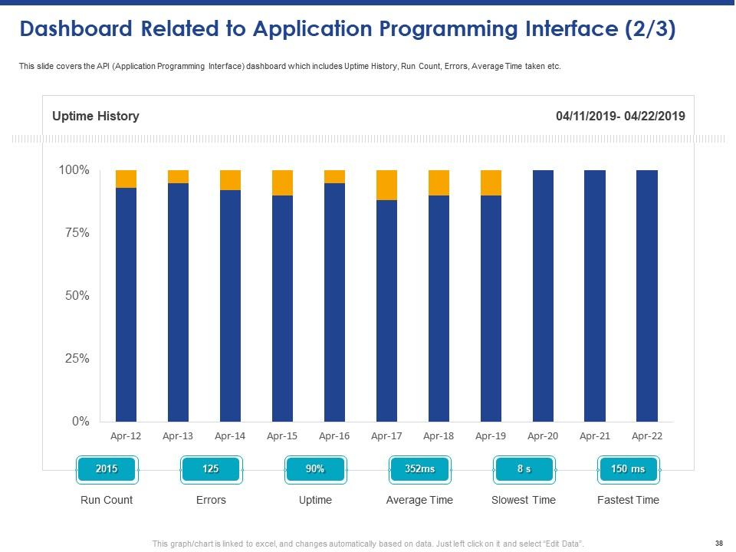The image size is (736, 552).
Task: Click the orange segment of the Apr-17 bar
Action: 386,185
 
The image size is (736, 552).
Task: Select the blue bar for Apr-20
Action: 543,295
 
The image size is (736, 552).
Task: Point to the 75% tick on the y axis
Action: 74,233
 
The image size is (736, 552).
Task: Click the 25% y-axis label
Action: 74,359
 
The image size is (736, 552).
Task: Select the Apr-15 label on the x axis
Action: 282,436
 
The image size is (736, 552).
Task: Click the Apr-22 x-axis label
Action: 646,436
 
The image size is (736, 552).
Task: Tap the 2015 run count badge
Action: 107,469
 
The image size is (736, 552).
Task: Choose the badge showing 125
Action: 211,469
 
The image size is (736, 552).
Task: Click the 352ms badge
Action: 419,469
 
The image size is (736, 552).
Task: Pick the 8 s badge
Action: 524,469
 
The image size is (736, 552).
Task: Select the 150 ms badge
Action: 627,469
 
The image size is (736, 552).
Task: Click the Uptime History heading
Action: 95,117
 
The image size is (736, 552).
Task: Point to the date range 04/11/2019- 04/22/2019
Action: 620,117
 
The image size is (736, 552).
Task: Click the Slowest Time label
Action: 523,500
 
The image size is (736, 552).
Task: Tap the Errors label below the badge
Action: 211,500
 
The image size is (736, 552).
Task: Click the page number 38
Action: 718,544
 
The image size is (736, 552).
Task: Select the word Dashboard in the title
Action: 75,29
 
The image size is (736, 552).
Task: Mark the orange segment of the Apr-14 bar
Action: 230,180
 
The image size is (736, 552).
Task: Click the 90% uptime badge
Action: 315,469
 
